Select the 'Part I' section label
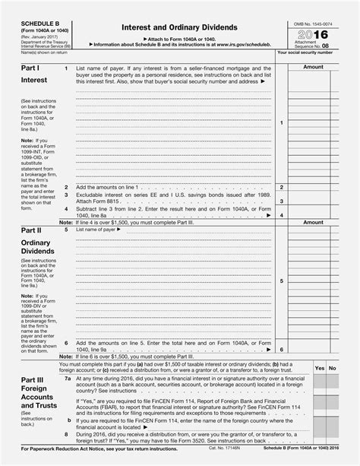pyautogui.click(x=32, y=68)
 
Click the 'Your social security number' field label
pyautogui.click(x=305, y=53)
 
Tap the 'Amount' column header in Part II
pyautogui.click(x=314, y=223)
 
